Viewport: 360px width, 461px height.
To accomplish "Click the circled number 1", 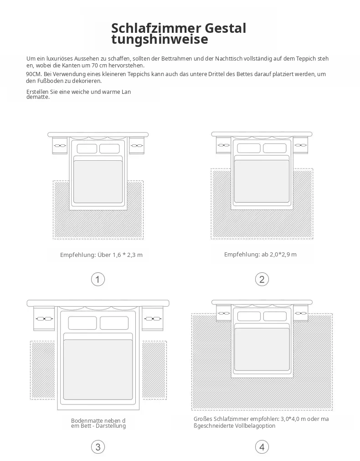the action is coord(98,279).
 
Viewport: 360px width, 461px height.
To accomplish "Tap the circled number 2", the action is coord(262,279).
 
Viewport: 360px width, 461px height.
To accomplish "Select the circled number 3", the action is coord(98,447).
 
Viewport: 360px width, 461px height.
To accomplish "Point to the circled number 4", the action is coord(262,447).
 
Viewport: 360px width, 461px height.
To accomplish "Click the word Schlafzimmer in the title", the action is coord(156,28).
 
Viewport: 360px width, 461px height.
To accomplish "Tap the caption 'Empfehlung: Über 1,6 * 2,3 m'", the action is coord(101,255).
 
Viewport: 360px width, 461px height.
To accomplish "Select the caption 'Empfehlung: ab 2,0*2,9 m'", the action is coord(260,254).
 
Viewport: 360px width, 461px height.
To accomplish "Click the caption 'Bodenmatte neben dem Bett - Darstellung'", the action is coord(98,423).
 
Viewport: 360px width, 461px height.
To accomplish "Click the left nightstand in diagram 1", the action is coord(60,145).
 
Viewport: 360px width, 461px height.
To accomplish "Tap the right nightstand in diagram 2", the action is coord(300,145).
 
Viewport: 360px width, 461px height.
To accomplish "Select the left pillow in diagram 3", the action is coord(82,323).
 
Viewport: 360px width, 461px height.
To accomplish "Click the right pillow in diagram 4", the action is coord(275,316).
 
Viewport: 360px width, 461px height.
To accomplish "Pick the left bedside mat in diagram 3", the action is coord(43,370).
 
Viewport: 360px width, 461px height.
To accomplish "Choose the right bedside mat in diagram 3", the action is coord(154,370).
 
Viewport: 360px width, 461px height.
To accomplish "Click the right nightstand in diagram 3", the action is coord(152,318).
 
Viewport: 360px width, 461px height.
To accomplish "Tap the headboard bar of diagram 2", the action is coord(262,134).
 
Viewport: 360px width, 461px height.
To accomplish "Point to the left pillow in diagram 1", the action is coord(87,149).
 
